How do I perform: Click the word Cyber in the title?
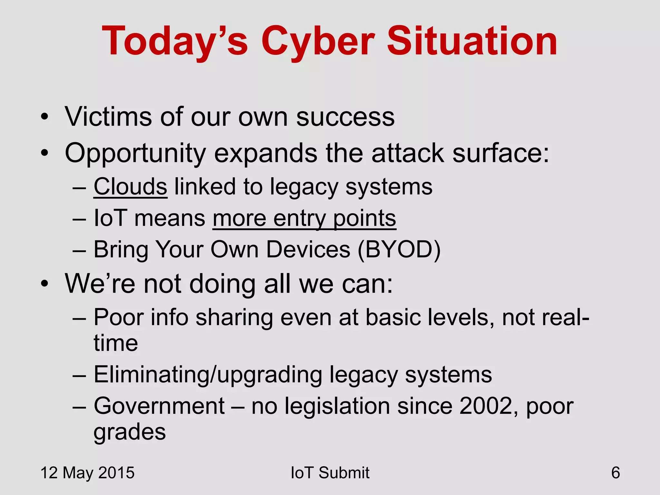click(317, 42)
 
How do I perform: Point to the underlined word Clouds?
click(130, 187)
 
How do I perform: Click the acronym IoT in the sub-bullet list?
click(110, 218)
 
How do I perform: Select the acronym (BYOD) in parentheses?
click(399, 249)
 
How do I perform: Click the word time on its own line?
click(116, 343)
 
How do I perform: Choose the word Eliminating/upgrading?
click(208, 375)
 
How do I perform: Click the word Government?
click(159, 406)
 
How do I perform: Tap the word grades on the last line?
click(130, 432)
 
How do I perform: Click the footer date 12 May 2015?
click(87, 473)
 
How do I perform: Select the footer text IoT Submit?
click(330, 473)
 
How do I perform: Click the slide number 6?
click(615, 473)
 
